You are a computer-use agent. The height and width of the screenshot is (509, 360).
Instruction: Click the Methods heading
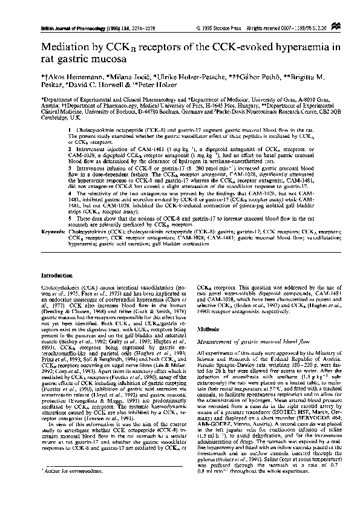208,329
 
